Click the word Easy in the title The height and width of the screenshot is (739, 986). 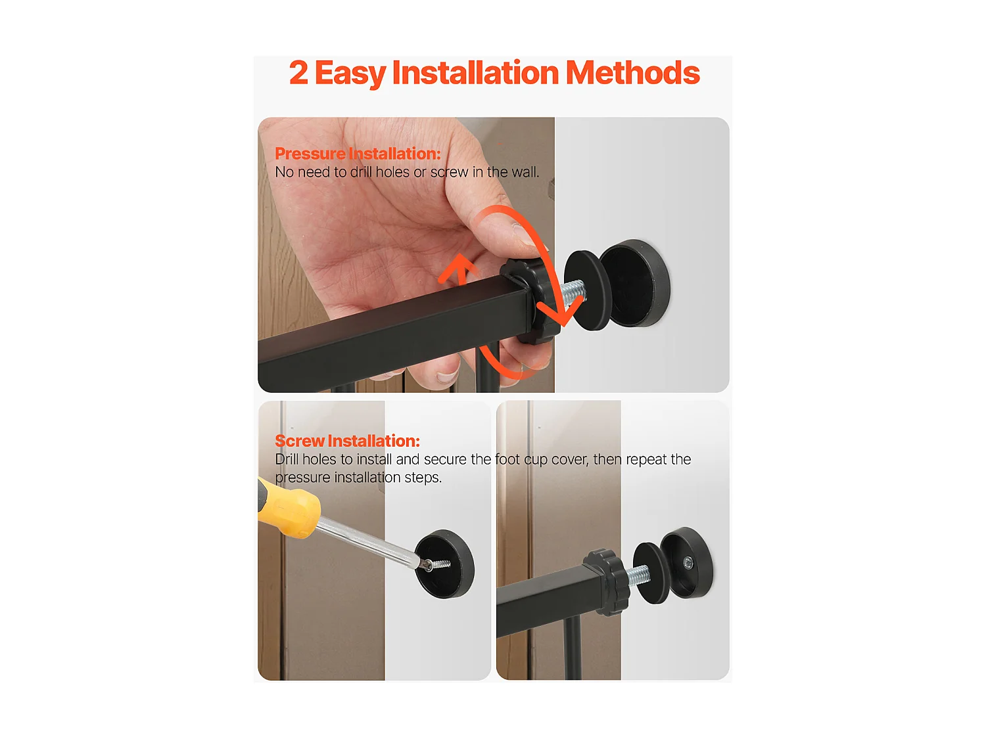coord(350,73)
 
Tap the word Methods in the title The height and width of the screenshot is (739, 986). coord(632,72)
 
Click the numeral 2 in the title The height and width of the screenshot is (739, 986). coord(298,72)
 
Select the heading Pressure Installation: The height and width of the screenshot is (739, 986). coord(358,154)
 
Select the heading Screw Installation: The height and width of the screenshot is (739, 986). coord(347,441)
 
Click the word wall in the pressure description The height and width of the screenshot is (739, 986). coord(525,172)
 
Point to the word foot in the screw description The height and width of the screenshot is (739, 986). coord(507,459)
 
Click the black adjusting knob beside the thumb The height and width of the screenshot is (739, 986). coord(530,302)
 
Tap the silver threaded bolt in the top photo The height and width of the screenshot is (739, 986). coord(573,294)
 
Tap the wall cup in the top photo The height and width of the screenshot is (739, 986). coord(635,282)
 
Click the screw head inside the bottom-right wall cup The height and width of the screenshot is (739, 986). coord(688,562)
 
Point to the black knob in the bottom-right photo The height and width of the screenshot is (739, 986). coord(607,582)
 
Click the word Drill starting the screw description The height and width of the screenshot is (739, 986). coord(287,459)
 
